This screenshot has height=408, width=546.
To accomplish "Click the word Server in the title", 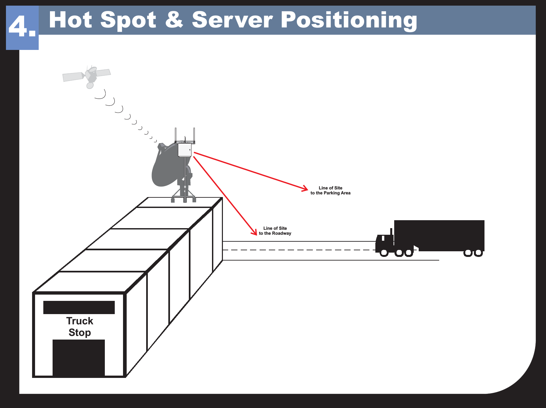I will point(232,20).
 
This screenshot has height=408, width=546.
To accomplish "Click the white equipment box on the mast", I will point(185,150).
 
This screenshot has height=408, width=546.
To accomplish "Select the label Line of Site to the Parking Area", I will point(330,190).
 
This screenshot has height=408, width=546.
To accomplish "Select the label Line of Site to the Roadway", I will point(275,231).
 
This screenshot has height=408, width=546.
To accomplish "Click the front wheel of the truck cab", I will point(384,253).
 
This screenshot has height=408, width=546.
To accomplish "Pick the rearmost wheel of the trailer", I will point(478,253).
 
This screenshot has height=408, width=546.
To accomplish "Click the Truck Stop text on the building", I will point(80,326).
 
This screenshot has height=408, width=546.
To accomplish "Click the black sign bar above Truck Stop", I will point(79,307).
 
